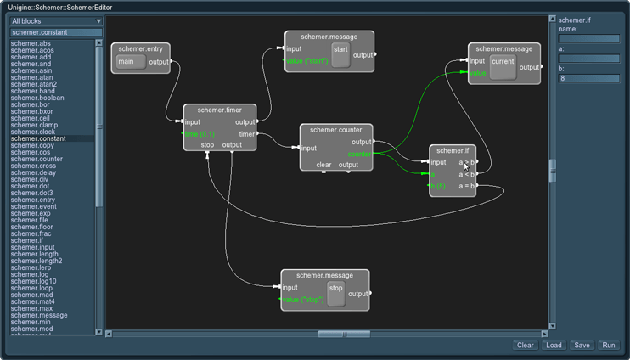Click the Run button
pos(609,346)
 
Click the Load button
pos(554,346)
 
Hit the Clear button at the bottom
pos(526,346)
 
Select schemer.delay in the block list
pos(33,172)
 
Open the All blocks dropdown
pos(56,20)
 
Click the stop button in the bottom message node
pos(335,293)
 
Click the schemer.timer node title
pos(219,110)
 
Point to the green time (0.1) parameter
pos(200,134)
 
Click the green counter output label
pos(360,154)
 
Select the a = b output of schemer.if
pos(466,185)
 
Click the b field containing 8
pos(588,79)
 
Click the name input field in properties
pos(588,39)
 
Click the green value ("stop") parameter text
pos(302,300)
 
